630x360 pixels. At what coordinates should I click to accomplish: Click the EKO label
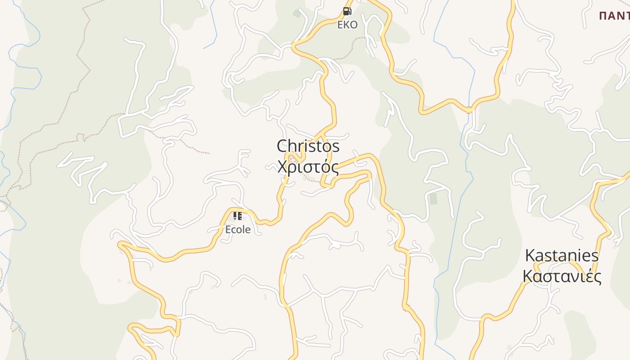347,25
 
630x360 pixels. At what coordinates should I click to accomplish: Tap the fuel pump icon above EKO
347,11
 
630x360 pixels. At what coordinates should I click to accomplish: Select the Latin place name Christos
308,146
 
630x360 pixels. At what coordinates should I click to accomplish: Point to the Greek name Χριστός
308,167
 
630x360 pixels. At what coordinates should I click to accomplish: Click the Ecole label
238,229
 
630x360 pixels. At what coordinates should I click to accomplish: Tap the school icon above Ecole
238,216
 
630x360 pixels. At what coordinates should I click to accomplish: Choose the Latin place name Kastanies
562,256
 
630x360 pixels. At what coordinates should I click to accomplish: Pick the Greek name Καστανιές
562,276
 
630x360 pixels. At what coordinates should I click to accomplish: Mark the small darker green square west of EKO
297,13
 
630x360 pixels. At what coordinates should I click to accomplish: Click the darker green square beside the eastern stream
433,198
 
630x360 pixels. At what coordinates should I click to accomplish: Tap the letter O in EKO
354,25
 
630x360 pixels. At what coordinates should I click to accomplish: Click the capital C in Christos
283,146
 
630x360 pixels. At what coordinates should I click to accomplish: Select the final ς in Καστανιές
597,277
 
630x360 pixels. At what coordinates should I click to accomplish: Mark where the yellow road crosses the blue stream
469,109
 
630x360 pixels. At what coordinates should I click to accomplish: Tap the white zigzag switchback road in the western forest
83,169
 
